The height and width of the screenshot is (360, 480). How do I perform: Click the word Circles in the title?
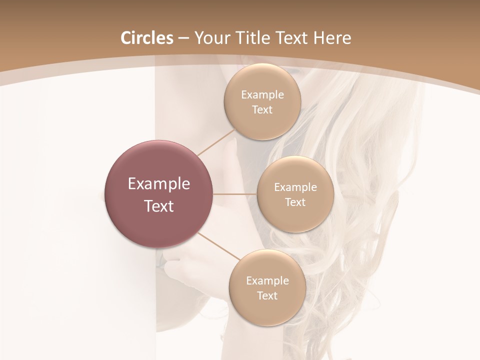(146, 38)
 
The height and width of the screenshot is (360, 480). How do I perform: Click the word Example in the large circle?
(159, 184)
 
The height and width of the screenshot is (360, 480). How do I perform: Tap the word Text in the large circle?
(159, 206)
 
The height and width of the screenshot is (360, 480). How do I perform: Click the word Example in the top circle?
(262, 94)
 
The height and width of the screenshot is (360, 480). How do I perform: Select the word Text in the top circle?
(262, 109)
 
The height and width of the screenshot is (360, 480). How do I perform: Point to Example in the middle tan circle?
(295, 187)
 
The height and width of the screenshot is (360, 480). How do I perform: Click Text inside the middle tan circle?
(295, 202)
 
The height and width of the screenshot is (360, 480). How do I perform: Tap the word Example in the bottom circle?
(267, 280)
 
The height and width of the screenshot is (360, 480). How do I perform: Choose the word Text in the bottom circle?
(267, 295)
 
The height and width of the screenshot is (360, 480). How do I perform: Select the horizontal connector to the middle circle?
(235, 194)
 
